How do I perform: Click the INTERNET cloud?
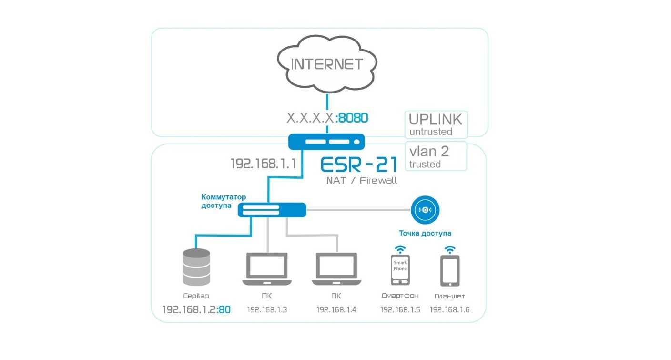tap(326, 64)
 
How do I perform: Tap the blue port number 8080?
tap(354, 118)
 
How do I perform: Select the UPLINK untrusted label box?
tap(436, 124)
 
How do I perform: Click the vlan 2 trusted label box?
tap(436, 156)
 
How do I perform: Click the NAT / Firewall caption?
tap(361, 180)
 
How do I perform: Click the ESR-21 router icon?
tap(326, 142)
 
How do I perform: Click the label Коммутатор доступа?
tap(217, 201)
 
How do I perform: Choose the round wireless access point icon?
tap(425, 210)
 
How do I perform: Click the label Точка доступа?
tap(425, 233)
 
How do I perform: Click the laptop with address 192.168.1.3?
tap(267, 269)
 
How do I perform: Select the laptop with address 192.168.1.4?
tap(336, 269)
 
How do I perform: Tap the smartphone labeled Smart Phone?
tap(400, 269)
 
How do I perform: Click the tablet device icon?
tap(449, 271)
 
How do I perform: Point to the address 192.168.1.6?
tap(449, 310)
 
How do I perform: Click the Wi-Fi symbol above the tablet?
tap(449, 249)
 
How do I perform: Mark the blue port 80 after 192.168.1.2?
tap(224, 310)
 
